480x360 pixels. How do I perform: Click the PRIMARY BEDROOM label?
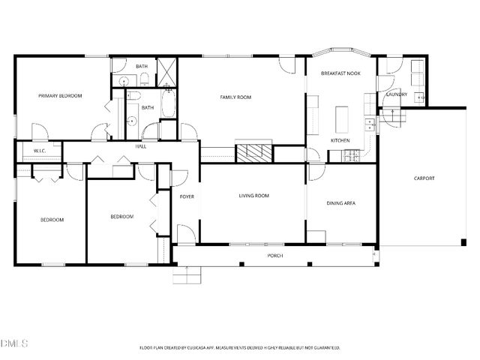coord(60,96)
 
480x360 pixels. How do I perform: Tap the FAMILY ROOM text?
coord(235,97)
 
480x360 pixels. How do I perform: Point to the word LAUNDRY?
coord(396,94)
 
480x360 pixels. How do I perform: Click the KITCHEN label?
coord(340,140)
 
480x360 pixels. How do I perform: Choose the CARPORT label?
coord(424,178)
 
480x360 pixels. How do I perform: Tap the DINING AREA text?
coord(341,203)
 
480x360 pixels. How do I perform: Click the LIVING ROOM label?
coord(253,196)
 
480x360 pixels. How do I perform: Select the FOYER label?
coord(187,196)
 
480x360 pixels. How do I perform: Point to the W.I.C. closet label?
coord(40,151)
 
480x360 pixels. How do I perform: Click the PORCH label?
coord(275,256)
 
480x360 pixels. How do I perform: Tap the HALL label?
coord(140,146)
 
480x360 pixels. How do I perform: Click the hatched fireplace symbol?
coord(253,152)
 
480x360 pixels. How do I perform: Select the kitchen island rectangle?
coord(343,118)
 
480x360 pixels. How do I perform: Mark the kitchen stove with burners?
coord(351,156)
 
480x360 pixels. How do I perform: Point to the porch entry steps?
coord(187,275)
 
